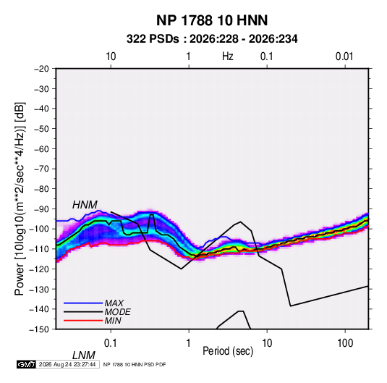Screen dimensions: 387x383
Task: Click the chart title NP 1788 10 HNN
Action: (212, 20)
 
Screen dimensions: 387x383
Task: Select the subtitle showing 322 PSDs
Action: (212, 39)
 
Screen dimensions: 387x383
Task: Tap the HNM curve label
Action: (85, 205)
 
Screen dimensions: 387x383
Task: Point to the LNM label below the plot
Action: (84, 355)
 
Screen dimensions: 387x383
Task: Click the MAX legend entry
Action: (114, 303)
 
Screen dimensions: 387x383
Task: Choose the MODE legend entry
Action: (117, 312)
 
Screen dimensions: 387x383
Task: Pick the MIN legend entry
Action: (113, 321)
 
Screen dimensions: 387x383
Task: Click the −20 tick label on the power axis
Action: (41, 69)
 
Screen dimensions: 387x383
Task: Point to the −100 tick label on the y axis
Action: (40, 229)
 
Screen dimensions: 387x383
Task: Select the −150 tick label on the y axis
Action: (40, 329)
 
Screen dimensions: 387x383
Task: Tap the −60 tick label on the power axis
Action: (41, 149)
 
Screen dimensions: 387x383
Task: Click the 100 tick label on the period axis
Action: (345, 343)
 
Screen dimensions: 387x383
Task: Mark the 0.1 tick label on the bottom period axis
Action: (111, 343)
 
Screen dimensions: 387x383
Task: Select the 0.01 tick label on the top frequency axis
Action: (344, 56)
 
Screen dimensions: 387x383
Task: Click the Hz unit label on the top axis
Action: (228, 56)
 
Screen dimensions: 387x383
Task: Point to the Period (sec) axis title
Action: (228, 351)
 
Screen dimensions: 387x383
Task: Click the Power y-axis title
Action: (20, 198)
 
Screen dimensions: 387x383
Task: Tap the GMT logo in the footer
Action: (27, 364)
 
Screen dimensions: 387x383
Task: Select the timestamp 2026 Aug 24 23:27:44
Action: (67, 364)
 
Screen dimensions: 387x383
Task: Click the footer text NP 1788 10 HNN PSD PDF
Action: (135, 365)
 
